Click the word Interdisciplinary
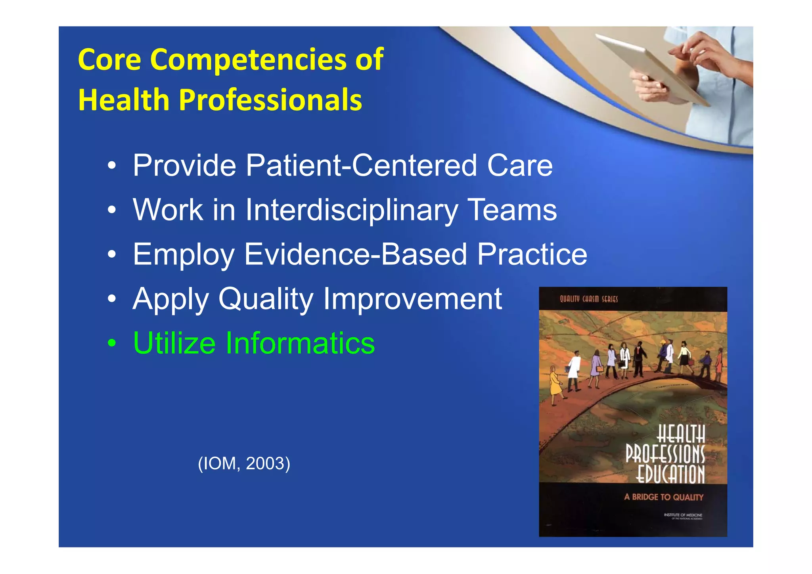(351, 210)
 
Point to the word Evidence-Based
(355, 254)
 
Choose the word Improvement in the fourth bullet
(412, 298)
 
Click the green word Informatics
(300, 343)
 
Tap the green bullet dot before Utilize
(112, 344)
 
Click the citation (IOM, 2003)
(244, 463)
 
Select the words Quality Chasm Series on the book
(588, 299)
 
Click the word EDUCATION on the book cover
(670, 474)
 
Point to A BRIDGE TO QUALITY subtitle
(663, 497)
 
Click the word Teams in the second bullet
(512, 210)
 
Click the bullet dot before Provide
(112, 166)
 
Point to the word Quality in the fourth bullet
(266, 299)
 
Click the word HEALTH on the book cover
(681, 434)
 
